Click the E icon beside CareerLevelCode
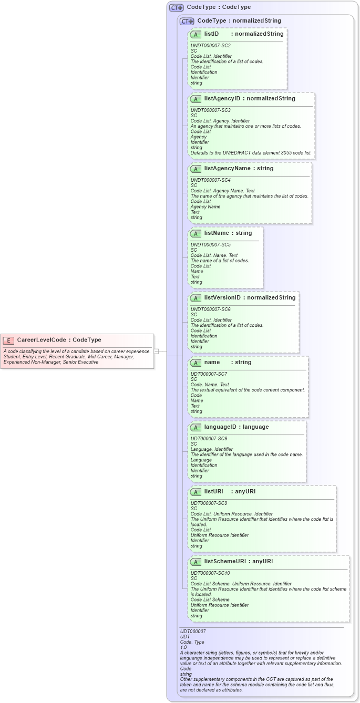(9, 340)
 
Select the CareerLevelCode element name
(42, 340)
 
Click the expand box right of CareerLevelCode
(156, 351)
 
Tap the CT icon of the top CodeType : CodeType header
(176, 7)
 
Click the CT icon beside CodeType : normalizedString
(187, 21)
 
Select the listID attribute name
(211, 34)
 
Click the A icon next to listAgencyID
(196, 99)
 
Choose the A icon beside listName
(196, 233)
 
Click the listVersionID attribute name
(222, 297)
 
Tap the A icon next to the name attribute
(196, 363)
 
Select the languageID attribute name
(221, 427)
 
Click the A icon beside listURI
(196, 492)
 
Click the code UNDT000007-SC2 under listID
(210, 46)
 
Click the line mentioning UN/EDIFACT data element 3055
(251, 153)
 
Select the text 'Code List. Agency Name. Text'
(222, 191)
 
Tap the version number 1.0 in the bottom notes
(183, 647)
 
